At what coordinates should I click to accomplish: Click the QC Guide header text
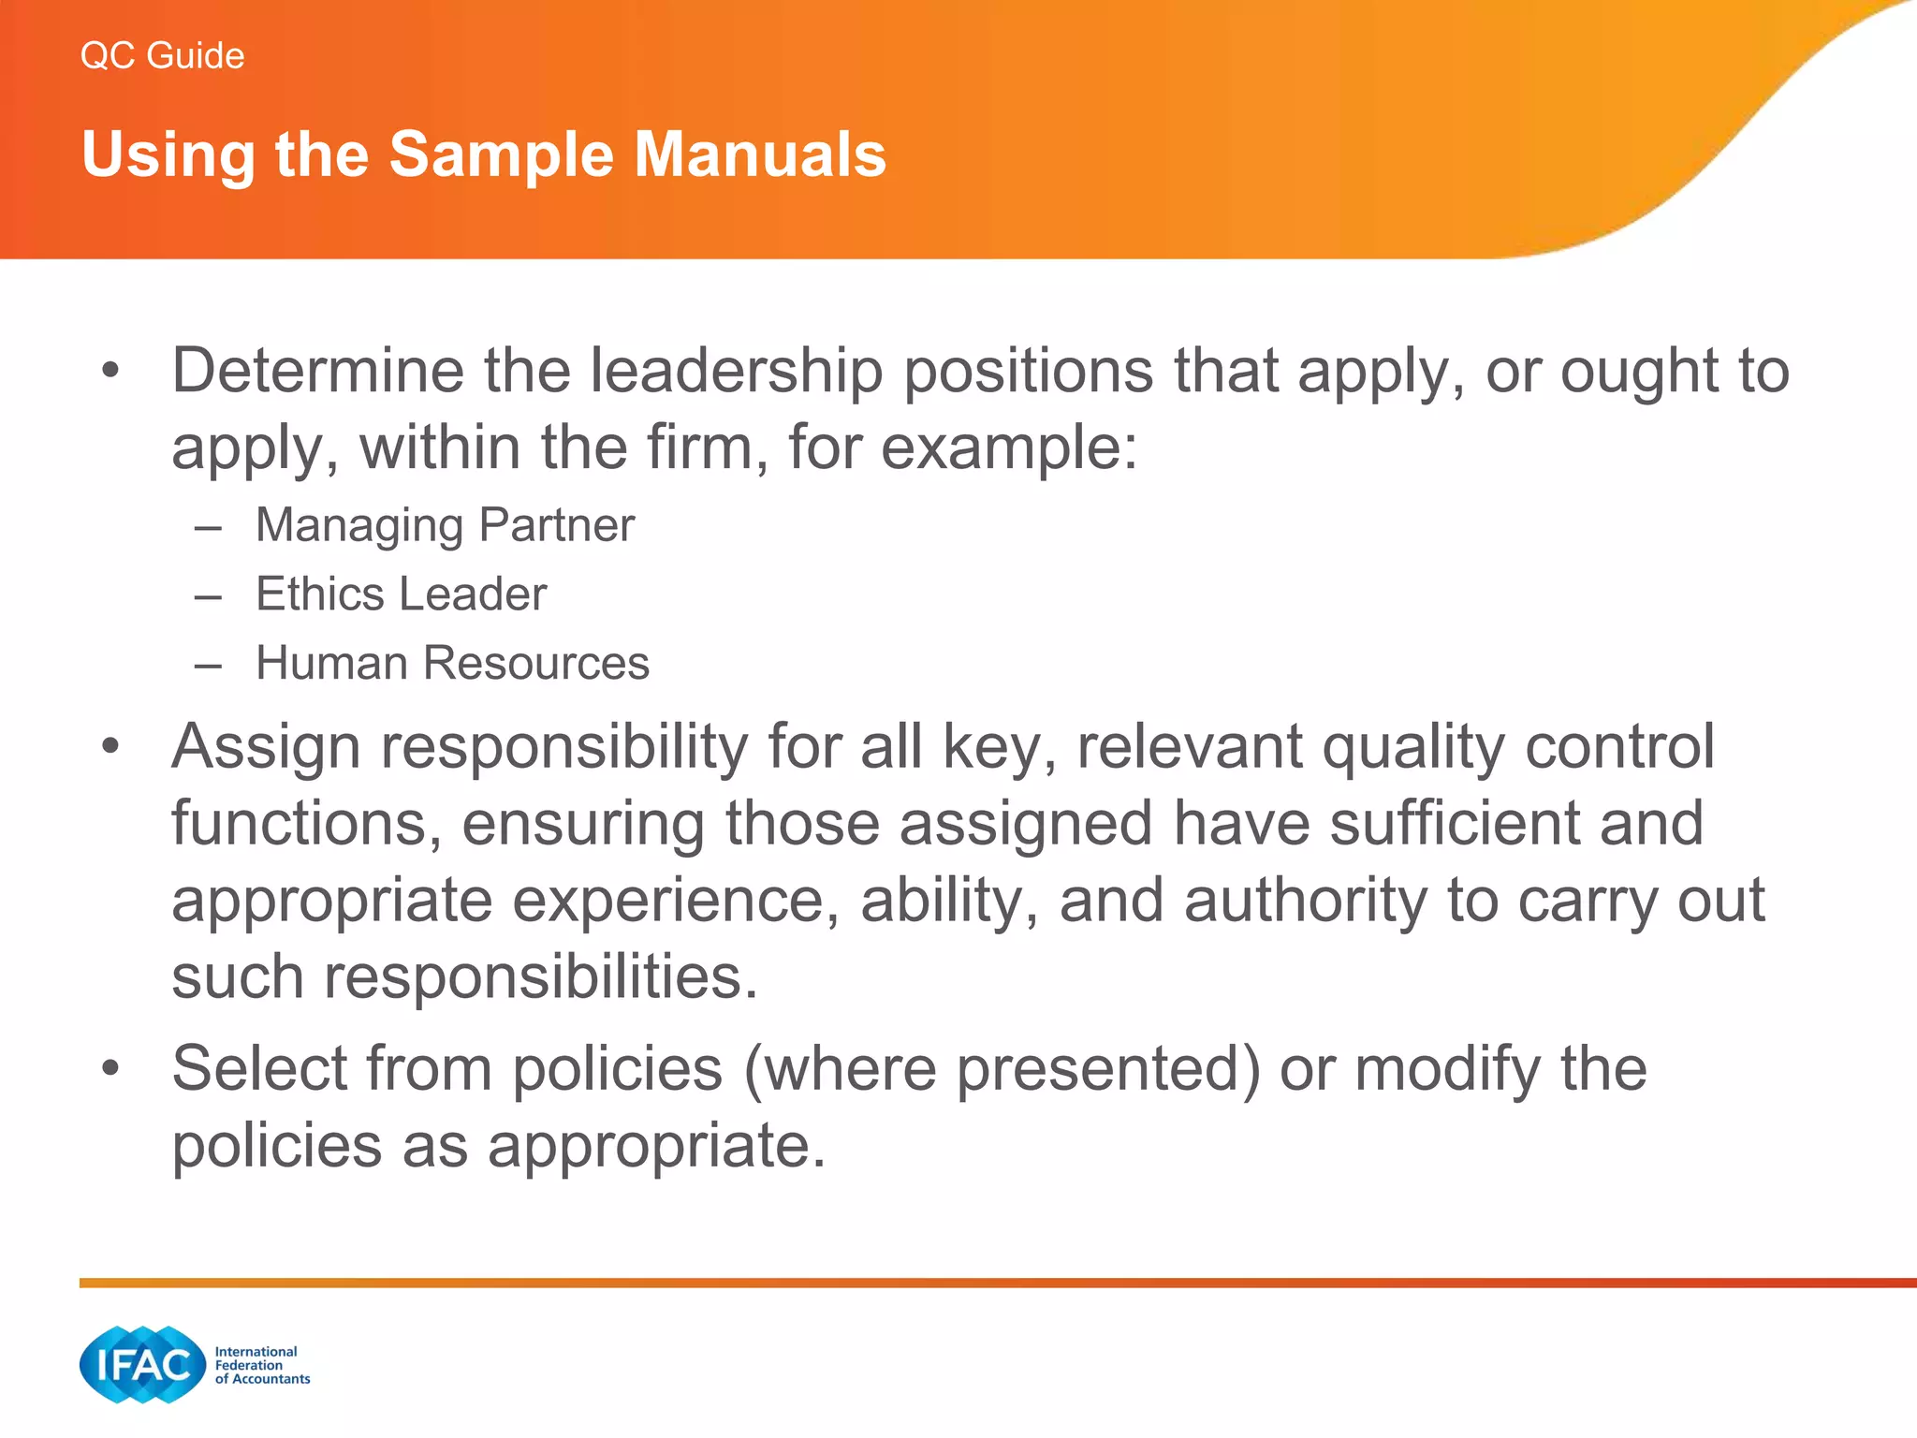coord(162,56)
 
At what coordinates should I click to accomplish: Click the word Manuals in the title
coord(759,154)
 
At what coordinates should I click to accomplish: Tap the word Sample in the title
coord(501,155)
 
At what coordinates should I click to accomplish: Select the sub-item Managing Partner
coord(445,525)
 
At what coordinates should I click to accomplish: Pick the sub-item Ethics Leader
coord(401,594)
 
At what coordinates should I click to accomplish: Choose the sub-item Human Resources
coord(452,664)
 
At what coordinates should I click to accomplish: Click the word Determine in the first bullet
coord(317,371)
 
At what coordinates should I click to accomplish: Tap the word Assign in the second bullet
coord(266,747)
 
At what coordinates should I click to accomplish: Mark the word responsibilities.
coord(540,977)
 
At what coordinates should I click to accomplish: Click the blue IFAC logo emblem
coord(142,1365)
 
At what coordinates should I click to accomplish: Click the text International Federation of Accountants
coord(261,1365)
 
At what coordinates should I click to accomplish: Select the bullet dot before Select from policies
coord(111,1068)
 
